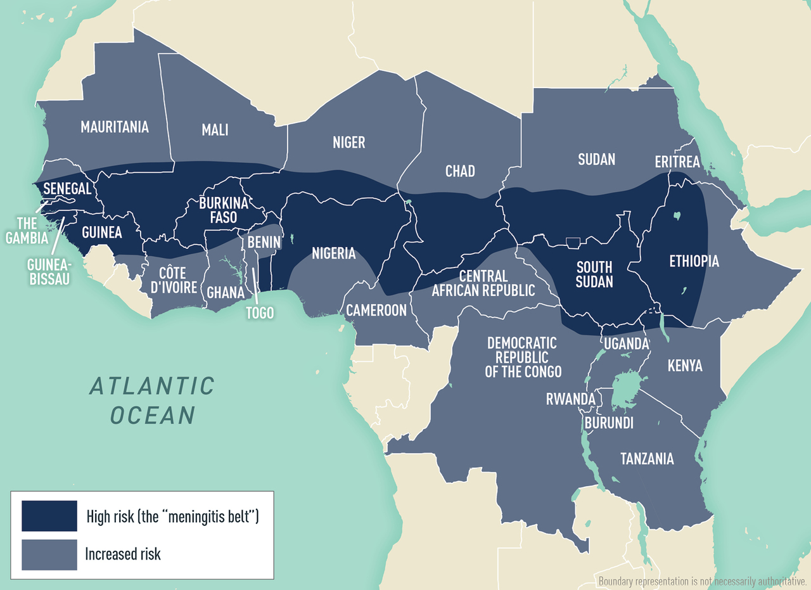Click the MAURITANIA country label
pos(115,127)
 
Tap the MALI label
pos(215,130)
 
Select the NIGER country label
pos(349,142)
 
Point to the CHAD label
pos(460,171)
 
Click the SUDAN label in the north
pos(596,159)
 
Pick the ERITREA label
pos(677,162)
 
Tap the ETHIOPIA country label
pos(694,260)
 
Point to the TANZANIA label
pos(647,459)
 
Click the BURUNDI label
pos(609,423)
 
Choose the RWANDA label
pos(571,399)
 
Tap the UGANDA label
pos(626,343)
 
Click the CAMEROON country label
pos(376,310)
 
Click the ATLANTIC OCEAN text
pos(152,400)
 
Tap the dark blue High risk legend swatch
pos(49,516)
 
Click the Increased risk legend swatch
pos(49,554)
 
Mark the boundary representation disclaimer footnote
pos(702,581)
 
